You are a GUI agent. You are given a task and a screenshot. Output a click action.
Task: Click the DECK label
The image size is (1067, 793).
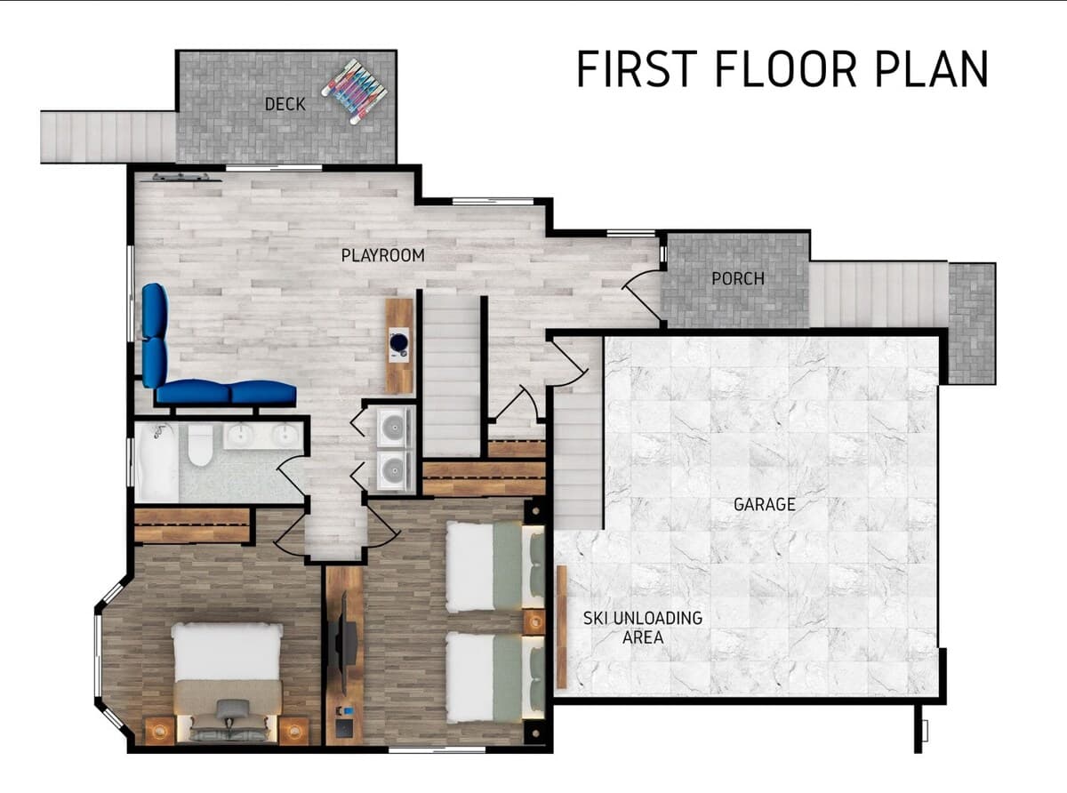pyautogui.click(x=285, y=104)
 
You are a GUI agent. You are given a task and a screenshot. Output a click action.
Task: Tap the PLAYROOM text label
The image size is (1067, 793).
pyautogui.click(x=383, y=255)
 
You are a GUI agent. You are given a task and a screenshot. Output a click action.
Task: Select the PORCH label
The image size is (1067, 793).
pyautogui.click(x=738, y=278)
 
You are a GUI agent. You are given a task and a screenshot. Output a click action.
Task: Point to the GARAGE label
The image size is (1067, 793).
pyautogui.click(x=765, y=504)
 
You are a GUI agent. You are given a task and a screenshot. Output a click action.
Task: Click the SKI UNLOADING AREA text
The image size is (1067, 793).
pyautogui.click(x=643, y=628)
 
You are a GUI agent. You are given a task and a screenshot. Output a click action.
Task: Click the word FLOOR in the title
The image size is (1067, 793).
pyautogui.click(x=786, y=68)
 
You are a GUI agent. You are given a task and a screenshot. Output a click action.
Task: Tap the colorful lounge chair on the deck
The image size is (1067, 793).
pyautogui.click(x=355, y=92)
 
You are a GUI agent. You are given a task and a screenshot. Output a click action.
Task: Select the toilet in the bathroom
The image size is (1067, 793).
pyautogui.click(x=200, y=445)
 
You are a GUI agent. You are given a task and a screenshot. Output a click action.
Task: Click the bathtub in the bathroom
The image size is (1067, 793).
pyautogui.click(x=156, y=462)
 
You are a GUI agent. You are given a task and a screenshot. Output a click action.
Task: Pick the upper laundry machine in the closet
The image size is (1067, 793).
pyautogui.click(x=394, y=427)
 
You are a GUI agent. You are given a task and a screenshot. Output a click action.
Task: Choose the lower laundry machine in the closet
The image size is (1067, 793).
pyautogui.click(x=394, y=469)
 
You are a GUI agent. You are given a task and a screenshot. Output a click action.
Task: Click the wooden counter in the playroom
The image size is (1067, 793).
pyautogui.click(x=399, y=346)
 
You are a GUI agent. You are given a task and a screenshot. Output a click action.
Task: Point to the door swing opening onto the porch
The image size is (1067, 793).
pyautogui.click(x=641, y=294)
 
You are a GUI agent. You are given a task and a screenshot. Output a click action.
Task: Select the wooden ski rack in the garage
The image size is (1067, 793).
pyautogui.click(x=561, y=627)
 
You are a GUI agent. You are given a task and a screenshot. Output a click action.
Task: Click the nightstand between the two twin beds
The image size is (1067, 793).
pyautogui.click(x=534, y=622)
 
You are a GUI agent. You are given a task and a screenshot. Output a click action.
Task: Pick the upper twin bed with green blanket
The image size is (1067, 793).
pyautogui.click(x=495, y=567)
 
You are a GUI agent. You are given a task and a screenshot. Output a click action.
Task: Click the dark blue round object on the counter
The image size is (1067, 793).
pyautogui.click(x=399, y=342)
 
